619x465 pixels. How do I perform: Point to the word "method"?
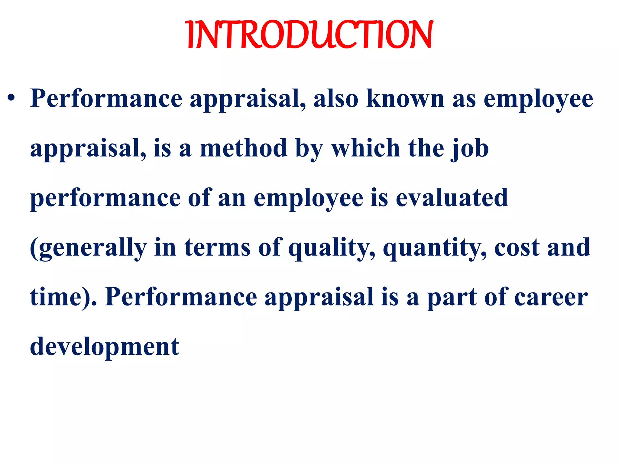243,148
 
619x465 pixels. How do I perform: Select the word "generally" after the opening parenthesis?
91,248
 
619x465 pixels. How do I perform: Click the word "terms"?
217,247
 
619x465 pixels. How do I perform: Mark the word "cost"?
517,248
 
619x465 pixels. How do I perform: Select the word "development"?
105,347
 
